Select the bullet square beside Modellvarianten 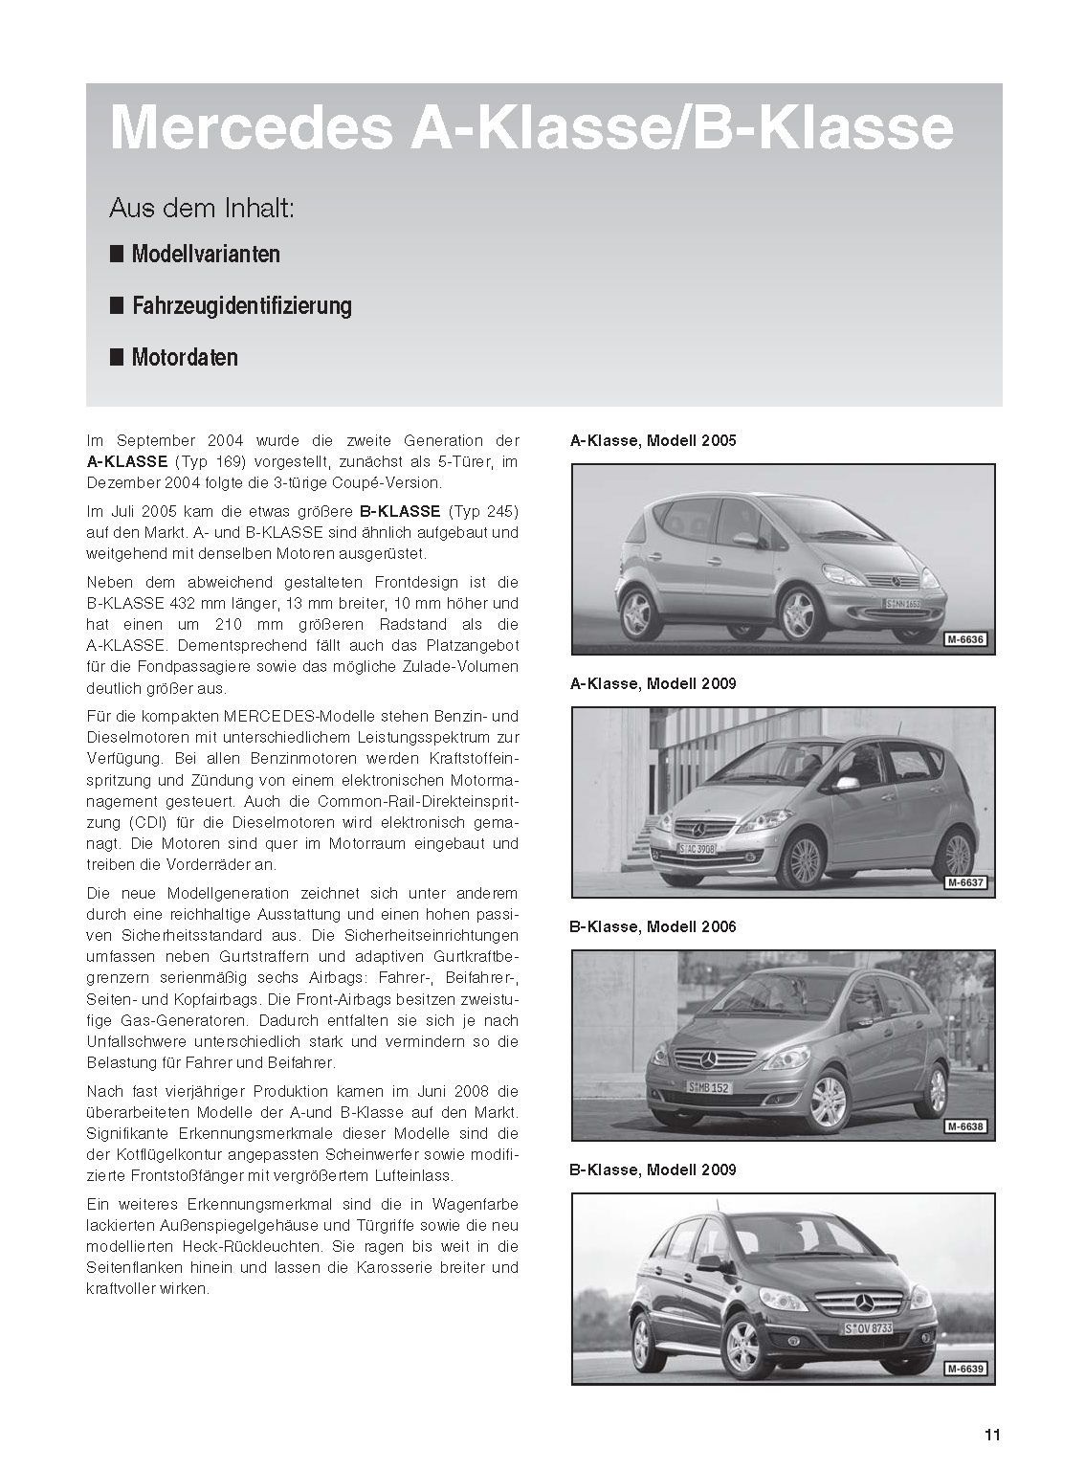[x=117, y=255]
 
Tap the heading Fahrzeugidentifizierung [x=241, y=306]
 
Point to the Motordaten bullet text [x=184, y=358]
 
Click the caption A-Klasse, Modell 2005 [x=653, y=441]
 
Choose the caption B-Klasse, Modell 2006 [x=653, y=926]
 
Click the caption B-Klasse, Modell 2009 [x=653, y=1169]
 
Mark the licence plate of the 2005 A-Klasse [x=902, y=605]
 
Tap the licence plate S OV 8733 [x=869, y=1328]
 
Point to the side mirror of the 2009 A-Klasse [x=847, y=784]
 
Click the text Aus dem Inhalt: [x=202, y=207]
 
